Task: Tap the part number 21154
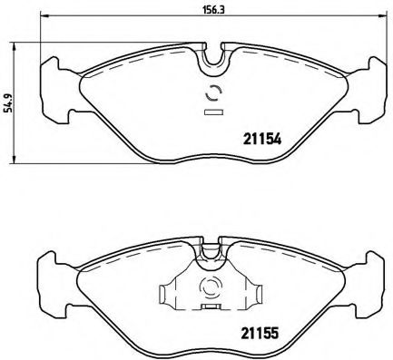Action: click(260, 140)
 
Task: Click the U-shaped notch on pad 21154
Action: click(215, 57)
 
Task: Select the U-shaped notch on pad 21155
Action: click(211, 248)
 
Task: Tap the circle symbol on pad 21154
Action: click(215, 92)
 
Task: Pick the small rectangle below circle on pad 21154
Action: click(215, 112)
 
